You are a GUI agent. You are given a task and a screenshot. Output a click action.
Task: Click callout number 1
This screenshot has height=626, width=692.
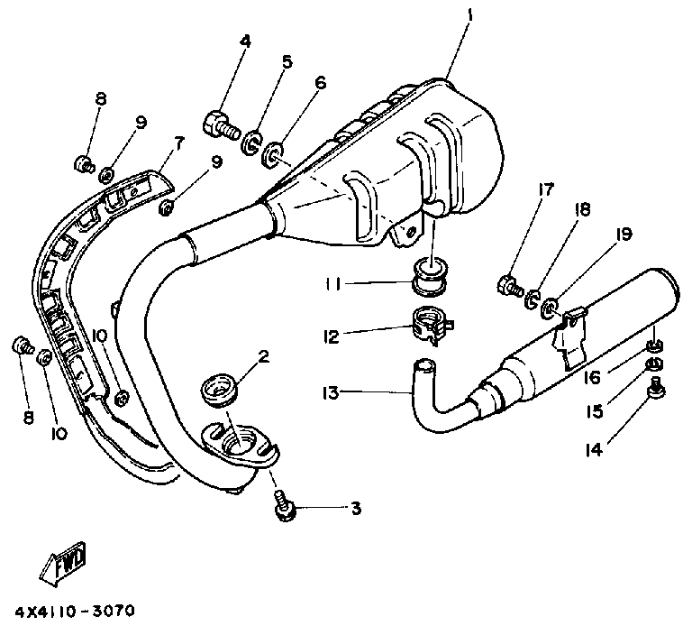(x=469, y=15)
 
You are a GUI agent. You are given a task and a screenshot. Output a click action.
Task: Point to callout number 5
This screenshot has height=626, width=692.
(x=287, y=61)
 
